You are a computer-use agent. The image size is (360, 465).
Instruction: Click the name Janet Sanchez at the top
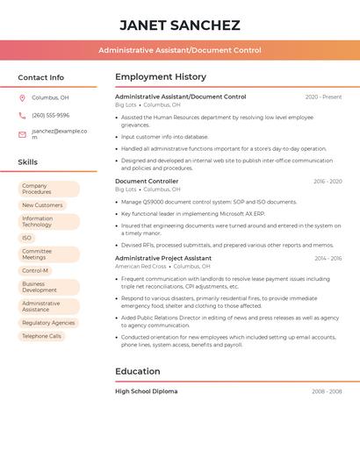click(x=179, y=25)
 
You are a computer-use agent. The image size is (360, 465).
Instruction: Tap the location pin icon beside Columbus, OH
click(x=22, y=97)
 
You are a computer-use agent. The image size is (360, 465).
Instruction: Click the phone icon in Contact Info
click(x=22, y=115)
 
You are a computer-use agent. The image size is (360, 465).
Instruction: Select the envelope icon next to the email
click(x=22, y=134)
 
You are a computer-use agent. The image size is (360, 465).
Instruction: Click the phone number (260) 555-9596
click(x=50, y=115)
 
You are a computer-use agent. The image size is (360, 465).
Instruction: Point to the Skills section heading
click(x=28, y=162)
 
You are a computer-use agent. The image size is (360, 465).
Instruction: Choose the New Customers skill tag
click(x=42, y=205)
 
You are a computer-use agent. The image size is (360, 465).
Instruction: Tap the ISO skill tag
click(x=26, y=238)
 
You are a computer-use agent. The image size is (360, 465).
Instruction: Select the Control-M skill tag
click(x=35, y=270)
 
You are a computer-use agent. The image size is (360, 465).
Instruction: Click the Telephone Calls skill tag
click(x=41, y=336)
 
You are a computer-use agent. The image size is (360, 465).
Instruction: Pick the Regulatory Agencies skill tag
click(x=48, y=323)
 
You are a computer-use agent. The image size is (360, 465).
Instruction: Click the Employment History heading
click(x=161, y=77)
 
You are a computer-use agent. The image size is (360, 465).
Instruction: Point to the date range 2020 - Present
click(x=323, y=97)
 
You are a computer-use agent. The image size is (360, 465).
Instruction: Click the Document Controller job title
click(x=147, y=182)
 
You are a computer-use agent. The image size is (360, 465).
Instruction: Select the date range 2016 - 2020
click(x=328, y=182)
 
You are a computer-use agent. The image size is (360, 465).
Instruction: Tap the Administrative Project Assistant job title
click(x=163, y=259)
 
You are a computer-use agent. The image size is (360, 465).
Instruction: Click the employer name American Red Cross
click(x=140, y=266)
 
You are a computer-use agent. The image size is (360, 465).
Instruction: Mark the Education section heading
click(x=138, y=371)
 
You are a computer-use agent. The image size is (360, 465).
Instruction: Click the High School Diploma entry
click(x=147, y=391)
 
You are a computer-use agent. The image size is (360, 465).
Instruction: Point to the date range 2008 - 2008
click(x=327, y=391)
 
